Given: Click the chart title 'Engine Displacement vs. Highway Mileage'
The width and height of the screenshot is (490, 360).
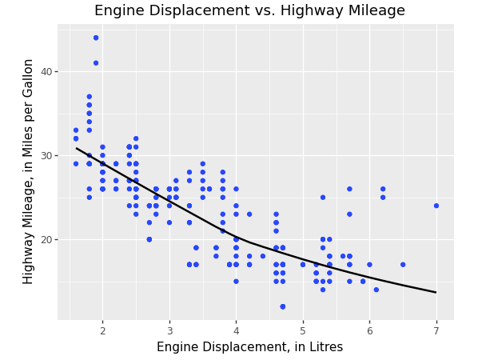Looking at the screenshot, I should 249,11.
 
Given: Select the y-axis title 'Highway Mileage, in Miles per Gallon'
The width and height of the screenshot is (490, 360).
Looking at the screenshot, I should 29,171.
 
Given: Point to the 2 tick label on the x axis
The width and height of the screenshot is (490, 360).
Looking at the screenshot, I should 102,330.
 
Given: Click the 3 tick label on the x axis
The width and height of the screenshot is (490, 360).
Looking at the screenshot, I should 169,330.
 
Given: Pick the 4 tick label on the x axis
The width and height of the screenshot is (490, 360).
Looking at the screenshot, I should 236,330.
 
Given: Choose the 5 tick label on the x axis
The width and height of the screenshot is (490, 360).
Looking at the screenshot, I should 303,330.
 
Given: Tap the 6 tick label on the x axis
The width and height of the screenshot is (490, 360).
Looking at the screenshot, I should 369,330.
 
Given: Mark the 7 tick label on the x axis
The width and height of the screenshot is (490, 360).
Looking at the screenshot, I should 436,330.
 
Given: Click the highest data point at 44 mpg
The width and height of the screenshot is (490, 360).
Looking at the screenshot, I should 96,38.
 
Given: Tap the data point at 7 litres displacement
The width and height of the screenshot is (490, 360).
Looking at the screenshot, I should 436,206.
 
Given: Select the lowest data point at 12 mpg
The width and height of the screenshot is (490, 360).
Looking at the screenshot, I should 283,306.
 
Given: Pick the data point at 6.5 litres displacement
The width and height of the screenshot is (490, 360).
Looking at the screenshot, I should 403,265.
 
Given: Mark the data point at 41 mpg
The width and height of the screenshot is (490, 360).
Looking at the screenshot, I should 96,63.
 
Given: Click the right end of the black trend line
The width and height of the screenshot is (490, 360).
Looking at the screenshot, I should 436,292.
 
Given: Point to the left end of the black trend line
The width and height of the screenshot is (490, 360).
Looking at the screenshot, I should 77,148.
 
